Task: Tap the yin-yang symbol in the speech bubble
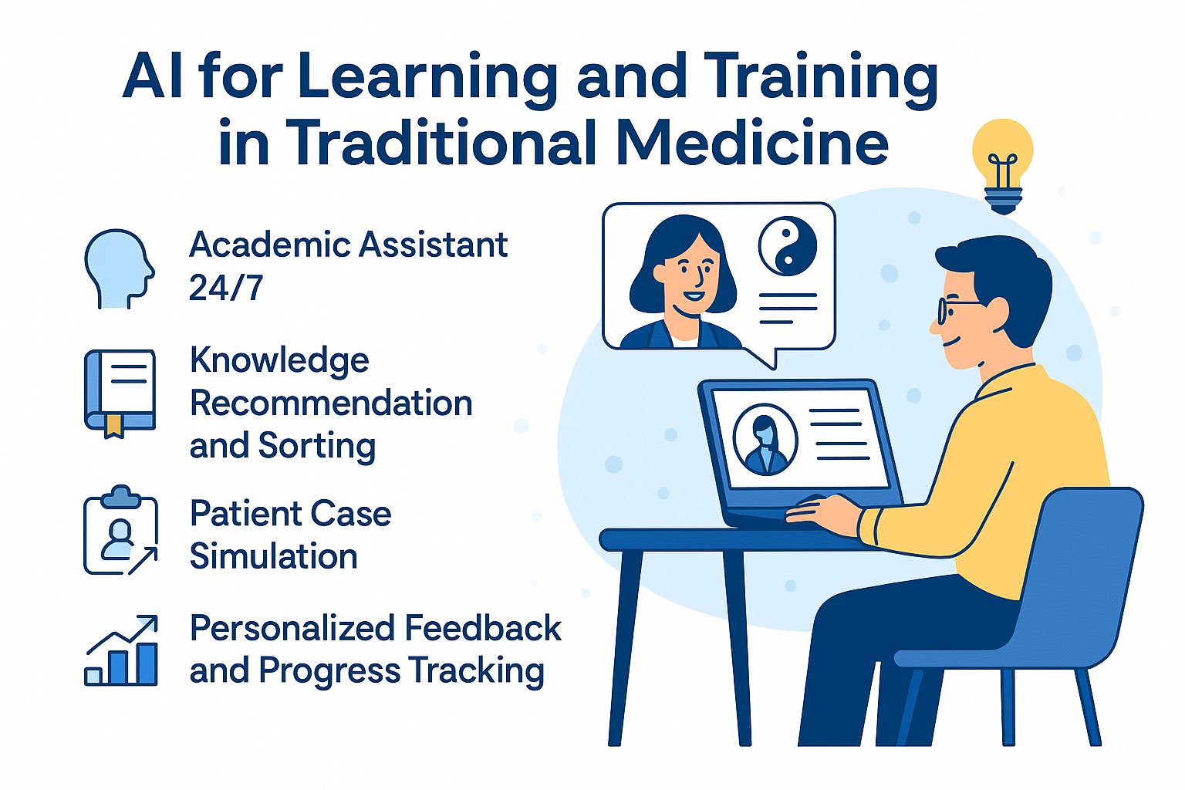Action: (787, 246)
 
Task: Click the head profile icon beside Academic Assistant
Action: (119, 268)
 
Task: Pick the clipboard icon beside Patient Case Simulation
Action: (120, 530)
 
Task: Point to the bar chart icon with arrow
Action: (121, 650)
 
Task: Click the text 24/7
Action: (226, 288)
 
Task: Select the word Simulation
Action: (274, 556)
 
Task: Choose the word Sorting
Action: (317, 447)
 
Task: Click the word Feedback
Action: (482, 628)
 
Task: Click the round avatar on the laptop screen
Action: (765, 439)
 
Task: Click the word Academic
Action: (270, 245)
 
